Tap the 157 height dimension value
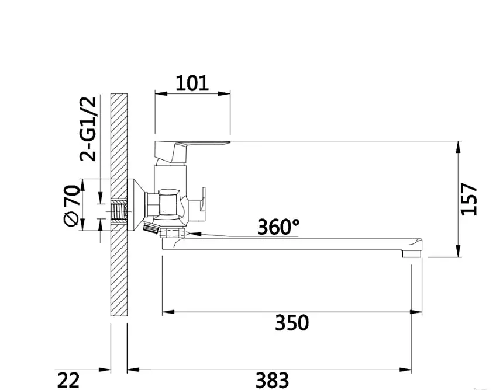coord(468,199)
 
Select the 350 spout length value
coord(292,322)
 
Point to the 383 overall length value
coord(272,380)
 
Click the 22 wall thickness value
coord(68,380)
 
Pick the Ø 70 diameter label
coord(71,206)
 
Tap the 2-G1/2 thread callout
coord(88,128)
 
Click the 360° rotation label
coord(278,227)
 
